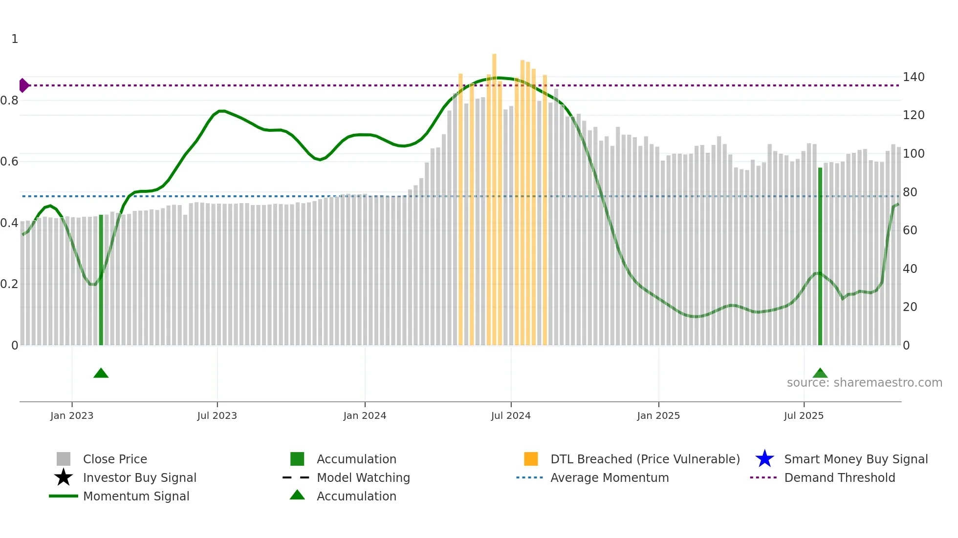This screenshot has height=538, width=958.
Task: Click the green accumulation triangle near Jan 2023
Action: (101, 373)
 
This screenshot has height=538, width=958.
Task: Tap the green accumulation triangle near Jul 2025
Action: (820, 373)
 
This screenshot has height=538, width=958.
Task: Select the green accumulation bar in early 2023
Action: (101, 281)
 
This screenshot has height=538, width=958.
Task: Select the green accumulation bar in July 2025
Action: (820, 256)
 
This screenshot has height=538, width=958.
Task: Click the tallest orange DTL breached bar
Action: (494, 200)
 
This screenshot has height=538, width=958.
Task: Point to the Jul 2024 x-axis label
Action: (511, 415)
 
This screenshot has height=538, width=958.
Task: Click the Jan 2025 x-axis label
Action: (658, 415)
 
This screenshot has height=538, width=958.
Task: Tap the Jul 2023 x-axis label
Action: (217, 415)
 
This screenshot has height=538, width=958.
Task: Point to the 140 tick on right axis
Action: (914, 77)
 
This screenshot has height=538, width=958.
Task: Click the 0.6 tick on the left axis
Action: (9, 162)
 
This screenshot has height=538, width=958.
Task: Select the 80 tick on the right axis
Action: (910, 192)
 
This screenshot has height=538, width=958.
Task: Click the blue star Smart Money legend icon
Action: (764, 459)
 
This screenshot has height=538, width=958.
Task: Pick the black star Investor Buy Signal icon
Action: (64, 477)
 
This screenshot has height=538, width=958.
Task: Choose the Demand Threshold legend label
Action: (839, 477)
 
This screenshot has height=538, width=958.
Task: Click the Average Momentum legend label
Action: (610, 477)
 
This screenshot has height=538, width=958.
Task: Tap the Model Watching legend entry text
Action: (363, 477)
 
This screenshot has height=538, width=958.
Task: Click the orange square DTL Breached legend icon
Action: (531, 459)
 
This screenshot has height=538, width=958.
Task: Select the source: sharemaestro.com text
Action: (864, 383)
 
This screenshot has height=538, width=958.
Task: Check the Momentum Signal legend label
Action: (136, 496)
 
